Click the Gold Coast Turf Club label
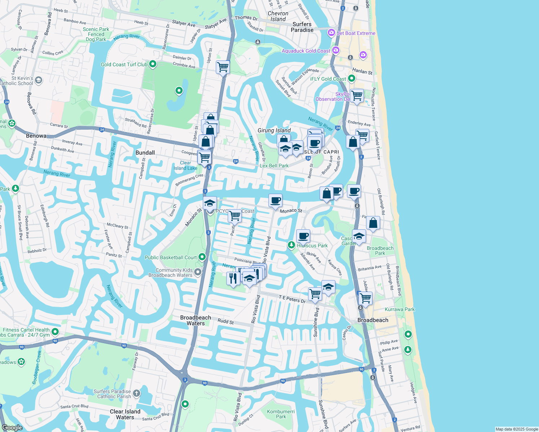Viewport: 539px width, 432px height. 124,64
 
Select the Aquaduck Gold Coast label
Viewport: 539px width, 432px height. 306,51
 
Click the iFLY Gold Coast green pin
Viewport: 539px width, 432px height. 352,78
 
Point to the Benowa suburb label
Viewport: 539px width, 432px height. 36,136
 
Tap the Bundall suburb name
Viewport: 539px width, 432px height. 145,153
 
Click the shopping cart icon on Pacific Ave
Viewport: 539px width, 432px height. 235,216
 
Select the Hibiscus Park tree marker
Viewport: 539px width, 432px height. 291,245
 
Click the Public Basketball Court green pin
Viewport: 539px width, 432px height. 202,257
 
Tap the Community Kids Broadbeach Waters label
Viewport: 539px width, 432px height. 170,273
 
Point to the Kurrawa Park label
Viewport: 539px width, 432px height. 400,309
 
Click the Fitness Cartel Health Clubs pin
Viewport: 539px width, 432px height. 55,331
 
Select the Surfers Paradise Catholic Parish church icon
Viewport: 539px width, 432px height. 136,393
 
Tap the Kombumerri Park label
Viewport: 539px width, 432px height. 281,414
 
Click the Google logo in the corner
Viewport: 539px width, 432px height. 12,428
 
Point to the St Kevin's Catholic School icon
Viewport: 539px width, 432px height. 39,80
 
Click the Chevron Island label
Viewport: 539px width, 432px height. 278,16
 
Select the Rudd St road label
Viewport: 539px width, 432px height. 226,321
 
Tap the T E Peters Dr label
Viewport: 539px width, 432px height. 292,299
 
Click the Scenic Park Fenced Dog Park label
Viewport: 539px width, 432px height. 96,34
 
